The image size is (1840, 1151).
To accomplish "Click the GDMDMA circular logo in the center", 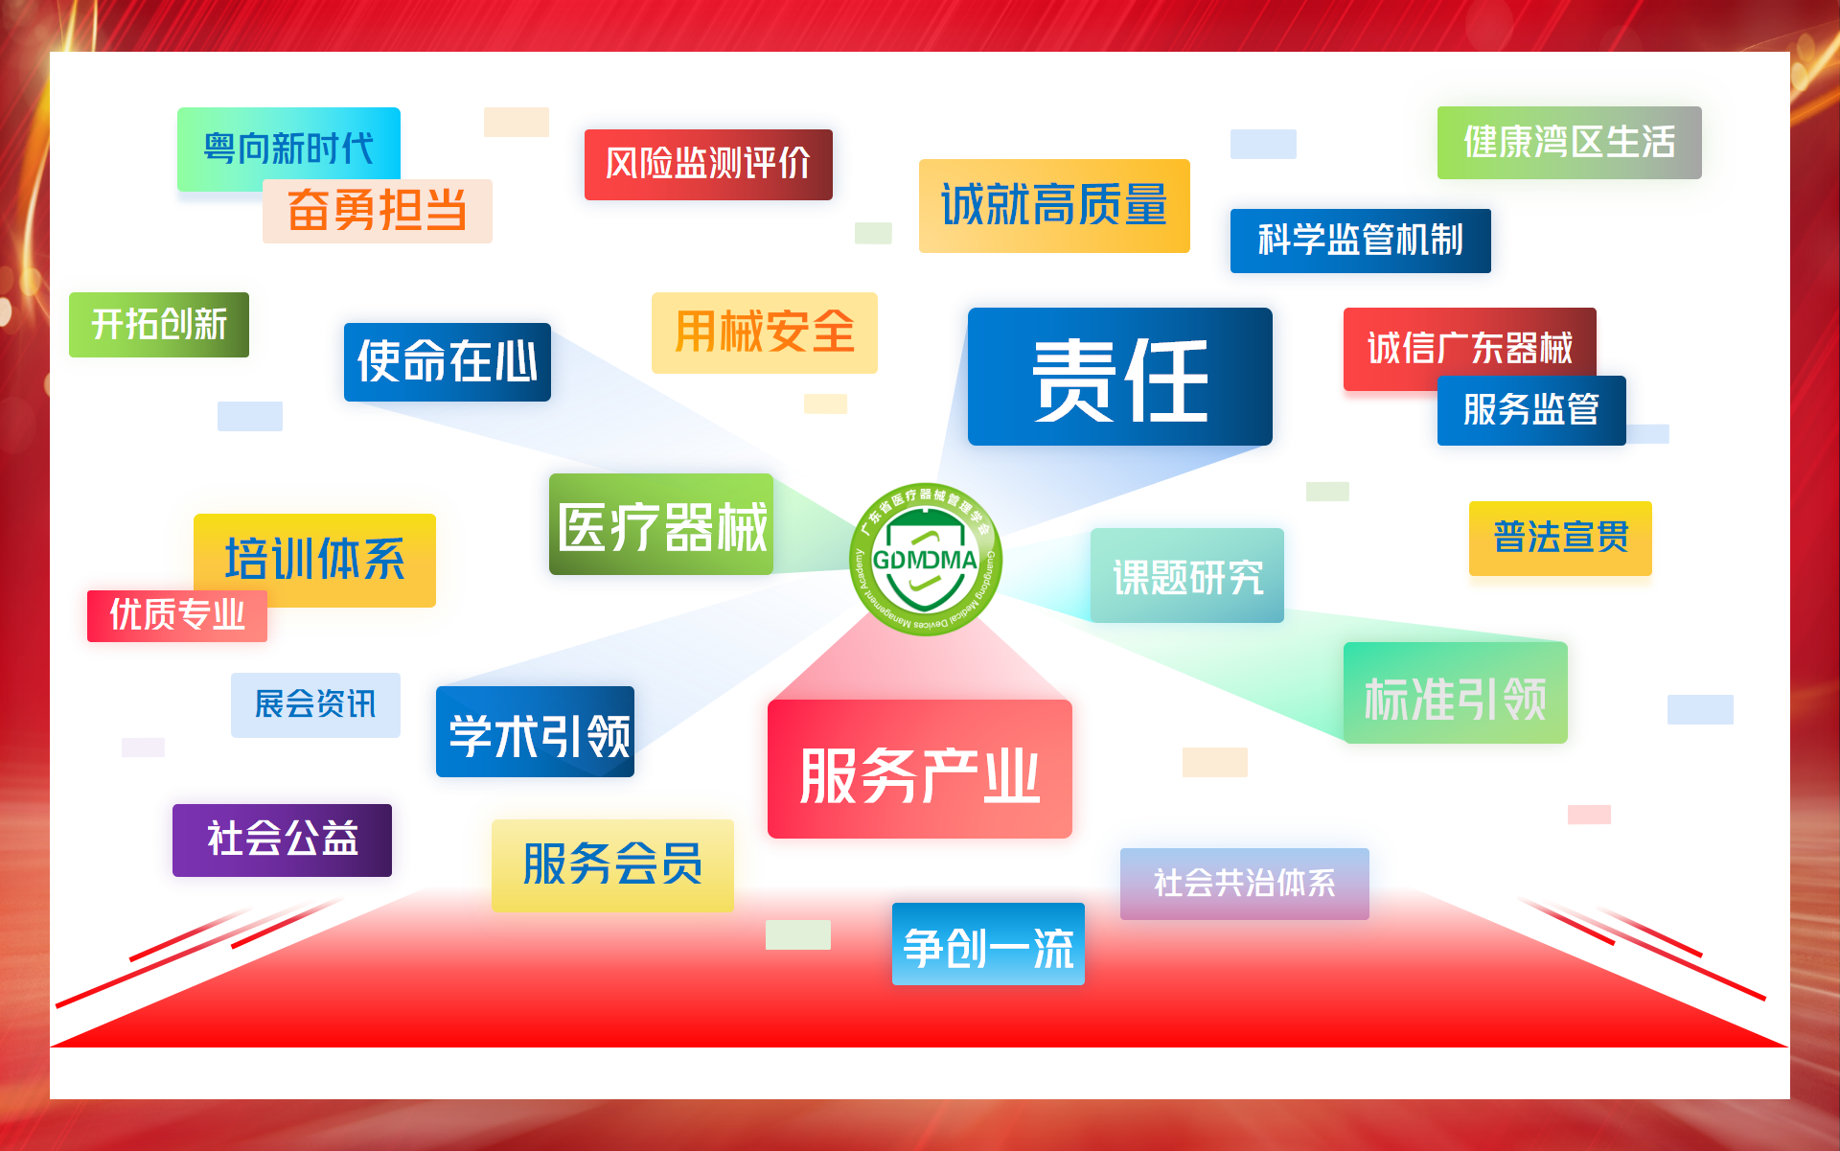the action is pos(926,559).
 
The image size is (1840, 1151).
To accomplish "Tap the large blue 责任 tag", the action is pos(1120,377).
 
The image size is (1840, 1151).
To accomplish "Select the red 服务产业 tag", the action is pos(920,769).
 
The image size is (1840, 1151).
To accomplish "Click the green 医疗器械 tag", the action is pos(661,524).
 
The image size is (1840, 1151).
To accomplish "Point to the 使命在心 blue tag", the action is pos(448,362).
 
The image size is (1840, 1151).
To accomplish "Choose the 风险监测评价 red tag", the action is pos(708,165).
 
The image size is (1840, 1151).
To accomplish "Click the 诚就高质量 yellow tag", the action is pos(1054,206).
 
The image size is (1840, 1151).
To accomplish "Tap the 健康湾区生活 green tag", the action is pos(1570,143).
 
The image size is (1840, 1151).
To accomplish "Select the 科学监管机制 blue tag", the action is pos(1361,241).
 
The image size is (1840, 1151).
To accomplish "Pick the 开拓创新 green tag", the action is pos(159,325).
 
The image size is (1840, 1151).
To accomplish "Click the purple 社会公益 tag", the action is pos(282,840).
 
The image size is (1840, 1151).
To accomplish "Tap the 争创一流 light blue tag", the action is pos(988,944).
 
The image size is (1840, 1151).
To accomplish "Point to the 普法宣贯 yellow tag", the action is pos(1560,539).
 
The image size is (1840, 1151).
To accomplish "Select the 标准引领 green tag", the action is pos(1456,693).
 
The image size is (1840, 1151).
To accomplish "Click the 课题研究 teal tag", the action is pos(1187,575).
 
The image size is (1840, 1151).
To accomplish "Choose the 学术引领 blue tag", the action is pos(535,731).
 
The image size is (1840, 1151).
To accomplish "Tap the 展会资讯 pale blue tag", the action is pos(315,705).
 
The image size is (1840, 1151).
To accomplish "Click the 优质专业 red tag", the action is pos(177,616).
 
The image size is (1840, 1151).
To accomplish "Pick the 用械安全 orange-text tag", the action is pos(765,333).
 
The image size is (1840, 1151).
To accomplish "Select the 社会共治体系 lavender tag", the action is pos(1245,884).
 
